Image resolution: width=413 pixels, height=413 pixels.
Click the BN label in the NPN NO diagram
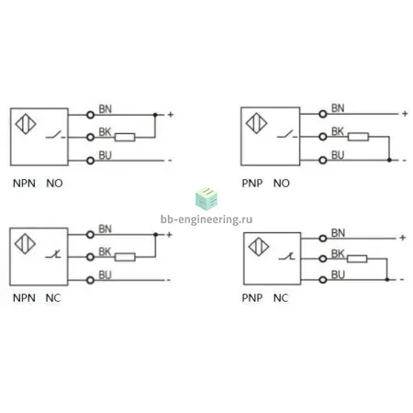(x=106, y=109)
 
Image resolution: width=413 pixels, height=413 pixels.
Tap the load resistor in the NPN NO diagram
(x=125, y=137)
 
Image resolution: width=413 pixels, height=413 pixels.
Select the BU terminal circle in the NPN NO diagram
(x=90, y=161)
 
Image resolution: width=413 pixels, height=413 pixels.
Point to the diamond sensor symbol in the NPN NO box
(x=26, y=124)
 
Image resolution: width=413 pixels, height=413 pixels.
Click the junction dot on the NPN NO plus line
(x=155, y=115)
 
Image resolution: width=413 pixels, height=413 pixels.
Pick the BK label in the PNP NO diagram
(x=338, y=131)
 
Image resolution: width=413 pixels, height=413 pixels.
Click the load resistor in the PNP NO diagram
(x=358, y=137)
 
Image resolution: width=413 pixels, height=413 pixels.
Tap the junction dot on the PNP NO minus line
(x=389, y=160)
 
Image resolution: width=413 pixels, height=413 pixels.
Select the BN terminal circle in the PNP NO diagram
(x=323, y=114)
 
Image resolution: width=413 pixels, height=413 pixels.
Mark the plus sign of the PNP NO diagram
(x=405, y=114)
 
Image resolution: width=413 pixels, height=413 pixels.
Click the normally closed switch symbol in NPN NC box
(x=53, y=254)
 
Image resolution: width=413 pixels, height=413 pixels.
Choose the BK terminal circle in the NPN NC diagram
(x=90, y=257)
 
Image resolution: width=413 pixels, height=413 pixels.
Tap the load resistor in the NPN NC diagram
(x=125, y=257)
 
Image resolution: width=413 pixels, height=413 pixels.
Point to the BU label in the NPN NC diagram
(x=105, y=275)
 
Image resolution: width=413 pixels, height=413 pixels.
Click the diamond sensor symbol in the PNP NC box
(x=259, y=247)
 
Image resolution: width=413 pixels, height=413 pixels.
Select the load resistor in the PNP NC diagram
(x=357, y=259)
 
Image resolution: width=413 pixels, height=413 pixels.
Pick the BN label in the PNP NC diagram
(x=338, y=233)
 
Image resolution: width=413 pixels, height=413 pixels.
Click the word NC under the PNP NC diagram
(x=281, y=297)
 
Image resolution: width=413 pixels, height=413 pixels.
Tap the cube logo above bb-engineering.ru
(x=206, y=199)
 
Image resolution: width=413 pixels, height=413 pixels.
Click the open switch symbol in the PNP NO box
(x=287, y=135)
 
